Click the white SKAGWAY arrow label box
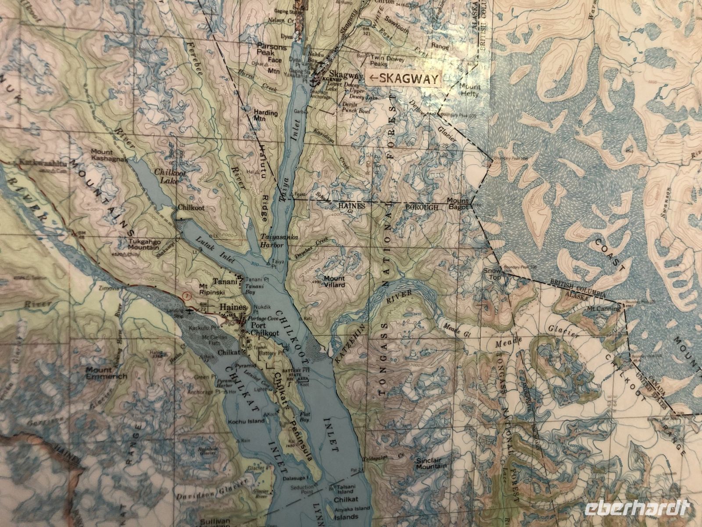click(403, 79)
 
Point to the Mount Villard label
click(334, 282)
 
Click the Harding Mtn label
click(266, 116)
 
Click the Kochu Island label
click(246, 421)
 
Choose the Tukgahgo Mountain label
click(143, 245)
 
